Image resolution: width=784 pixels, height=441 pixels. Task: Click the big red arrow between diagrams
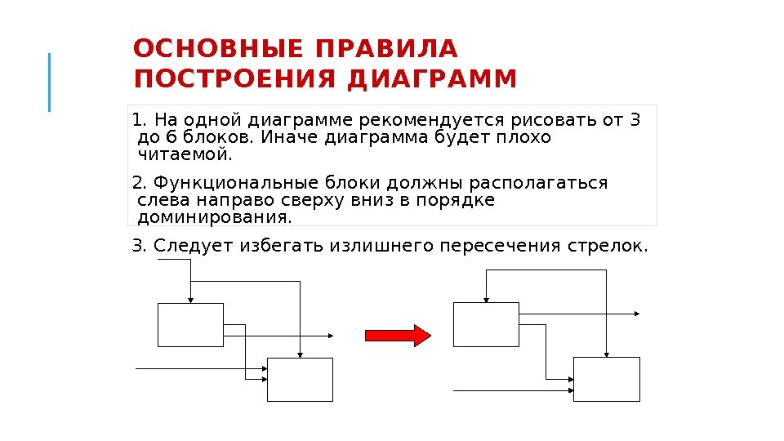pyautogui.click(x=397, y=336)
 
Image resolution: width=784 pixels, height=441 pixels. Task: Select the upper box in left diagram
pyautogui.click(x=190, y=325)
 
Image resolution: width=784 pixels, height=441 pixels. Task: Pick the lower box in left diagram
pyautogui.click(x=301, y=379)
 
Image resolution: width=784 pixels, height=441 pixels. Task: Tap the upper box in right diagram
pyautogui.click(x=486, y=324)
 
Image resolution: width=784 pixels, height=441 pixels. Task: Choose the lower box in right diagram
pyautogui.click(x=606, y=379)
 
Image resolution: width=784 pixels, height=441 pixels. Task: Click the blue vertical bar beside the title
pyautogui.click(x=49, y=82)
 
